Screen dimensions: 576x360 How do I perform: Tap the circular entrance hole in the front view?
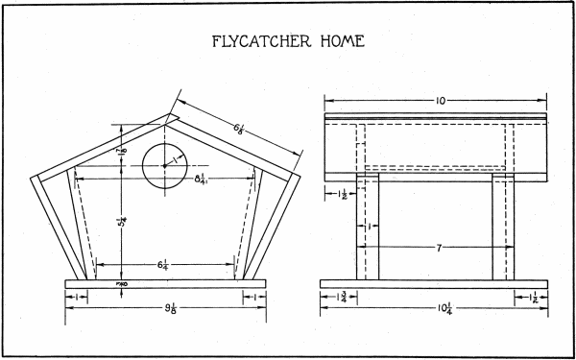click(x=164, y=165)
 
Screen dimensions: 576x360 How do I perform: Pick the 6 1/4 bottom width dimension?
click(x=166, y=261)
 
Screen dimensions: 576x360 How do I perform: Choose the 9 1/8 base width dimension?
click(x=166, y=309)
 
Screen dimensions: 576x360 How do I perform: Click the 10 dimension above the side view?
click(x=437, y=100)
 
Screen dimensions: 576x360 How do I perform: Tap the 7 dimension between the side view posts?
click(x=438, y=249)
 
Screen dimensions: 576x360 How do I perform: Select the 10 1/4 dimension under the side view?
click(x=437, y=309)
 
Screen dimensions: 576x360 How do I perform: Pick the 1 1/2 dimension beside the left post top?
click(x=340, y=195)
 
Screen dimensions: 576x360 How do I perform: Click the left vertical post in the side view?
click(x=368, y=226)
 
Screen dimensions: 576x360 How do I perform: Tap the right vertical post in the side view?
click(x=505, y=226)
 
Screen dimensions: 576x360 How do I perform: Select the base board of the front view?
click(x=165, y=284)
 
